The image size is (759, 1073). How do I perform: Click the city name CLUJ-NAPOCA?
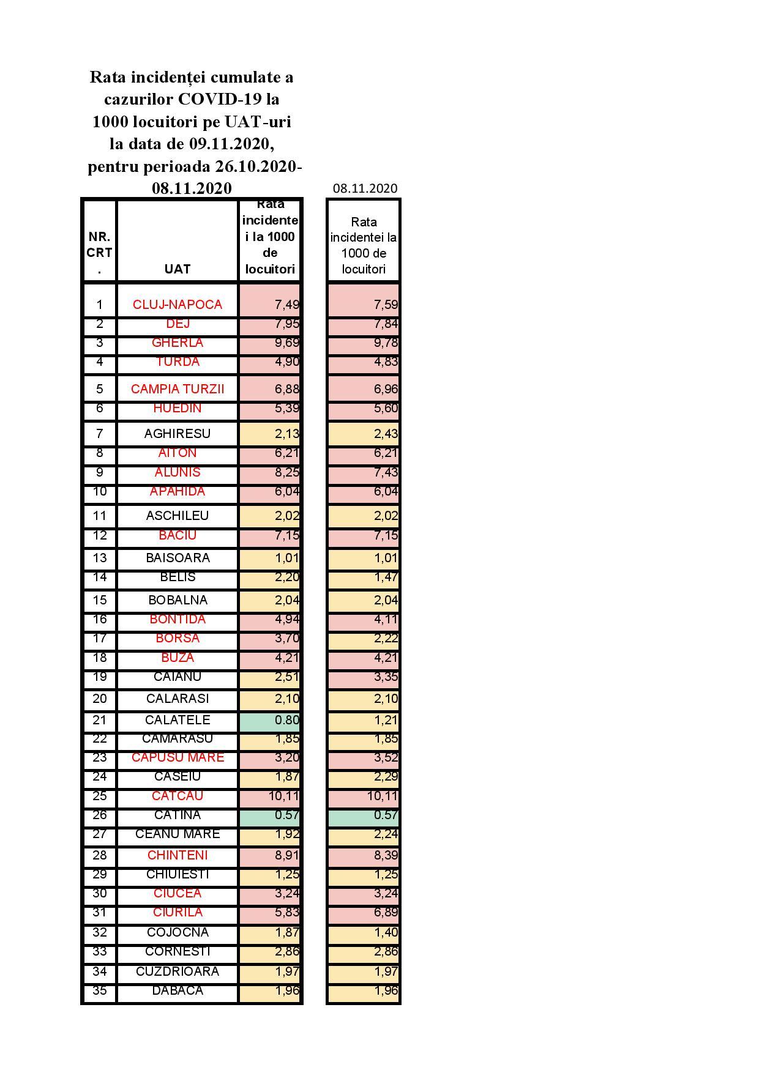click(x=178, y=305)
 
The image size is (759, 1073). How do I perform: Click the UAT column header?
click(x=178, y=269)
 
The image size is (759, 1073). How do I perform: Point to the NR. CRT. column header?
click(x=100, y=253)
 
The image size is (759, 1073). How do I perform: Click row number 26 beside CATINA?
click(x=100, y=815)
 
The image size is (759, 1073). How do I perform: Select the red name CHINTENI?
click(x=178, y=855)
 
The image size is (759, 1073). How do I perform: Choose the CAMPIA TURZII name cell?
click(x=178, y=389)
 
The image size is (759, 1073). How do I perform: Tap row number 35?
click(x=100, y=990)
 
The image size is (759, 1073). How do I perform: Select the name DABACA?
click(x=178, y=990)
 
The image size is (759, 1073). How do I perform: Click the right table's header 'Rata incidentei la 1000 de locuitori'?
click(x=364, y=245)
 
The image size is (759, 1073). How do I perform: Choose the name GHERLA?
click(x=178, y=343)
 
